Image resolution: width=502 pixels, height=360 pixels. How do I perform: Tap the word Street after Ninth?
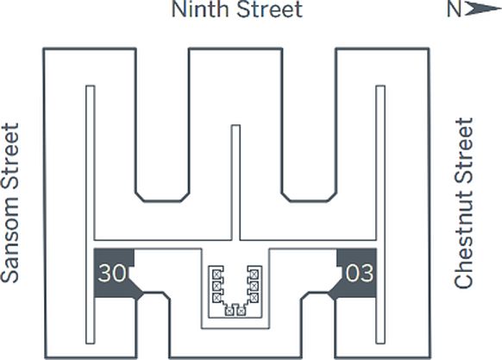click(x=270, y=9)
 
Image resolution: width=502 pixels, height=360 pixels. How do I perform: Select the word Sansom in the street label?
click(x=10, y=244)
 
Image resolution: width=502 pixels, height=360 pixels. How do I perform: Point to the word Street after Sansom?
click(x=10, y=161)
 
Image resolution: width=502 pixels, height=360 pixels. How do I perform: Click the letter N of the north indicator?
click(x=454, y=9)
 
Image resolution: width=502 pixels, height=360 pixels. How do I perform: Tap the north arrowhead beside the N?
click(x=482, y=9)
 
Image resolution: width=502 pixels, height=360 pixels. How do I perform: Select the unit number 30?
click(x=112, y=273)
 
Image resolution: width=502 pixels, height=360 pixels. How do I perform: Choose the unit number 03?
click(x=360, y=273)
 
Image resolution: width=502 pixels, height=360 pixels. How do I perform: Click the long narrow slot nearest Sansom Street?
click(x=91, y=214)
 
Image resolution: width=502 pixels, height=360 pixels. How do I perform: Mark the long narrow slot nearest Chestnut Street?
click(x=380, y=214)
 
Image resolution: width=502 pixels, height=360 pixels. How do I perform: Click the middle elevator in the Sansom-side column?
click(x=216, y=286)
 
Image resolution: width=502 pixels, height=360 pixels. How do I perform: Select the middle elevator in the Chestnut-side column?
click(x=254, y=286)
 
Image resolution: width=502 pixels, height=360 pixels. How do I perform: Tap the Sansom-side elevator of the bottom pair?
click(x=229, y=311)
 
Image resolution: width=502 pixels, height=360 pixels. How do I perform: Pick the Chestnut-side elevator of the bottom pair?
click(x=242, y=311)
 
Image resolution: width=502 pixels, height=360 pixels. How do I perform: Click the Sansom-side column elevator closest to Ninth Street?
click(x=216, y=275)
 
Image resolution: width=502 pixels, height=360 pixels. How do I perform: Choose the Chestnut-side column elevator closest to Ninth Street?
click(x=254, y=275)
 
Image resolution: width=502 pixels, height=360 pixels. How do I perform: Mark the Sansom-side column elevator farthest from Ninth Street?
click(x=216, y=298)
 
